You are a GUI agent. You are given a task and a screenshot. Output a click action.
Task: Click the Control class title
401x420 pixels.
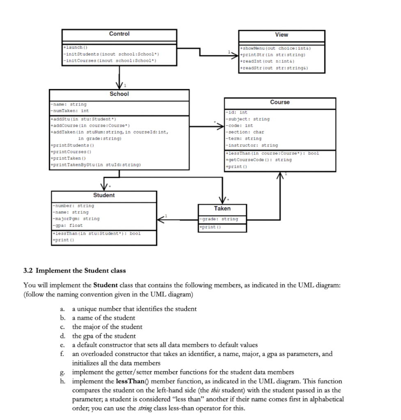tap(119, 34)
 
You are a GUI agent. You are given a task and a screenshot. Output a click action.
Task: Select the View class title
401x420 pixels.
tap(282, 35)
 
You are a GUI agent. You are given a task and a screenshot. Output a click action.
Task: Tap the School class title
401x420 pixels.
tap(119, 94)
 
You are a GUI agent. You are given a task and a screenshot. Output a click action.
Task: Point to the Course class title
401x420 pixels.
tap(280, 102)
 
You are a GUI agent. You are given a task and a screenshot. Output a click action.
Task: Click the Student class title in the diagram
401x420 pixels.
tap(104, 195)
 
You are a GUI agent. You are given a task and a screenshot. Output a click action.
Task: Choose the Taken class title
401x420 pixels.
tap(222, 208)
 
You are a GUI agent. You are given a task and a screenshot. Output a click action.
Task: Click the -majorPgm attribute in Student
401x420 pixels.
tap(76, 219)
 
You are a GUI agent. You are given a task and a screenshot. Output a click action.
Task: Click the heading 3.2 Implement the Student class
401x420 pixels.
tap(75, 271)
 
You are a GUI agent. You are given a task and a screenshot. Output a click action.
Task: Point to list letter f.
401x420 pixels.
tap(61, 354)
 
